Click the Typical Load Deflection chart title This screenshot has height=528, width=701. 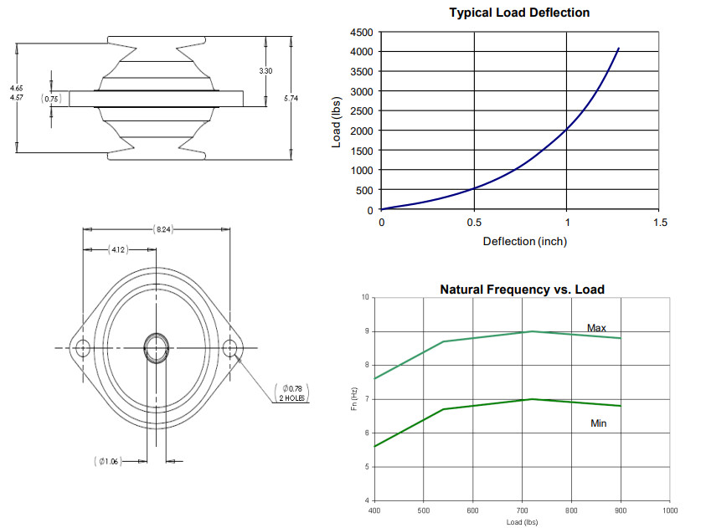[x=519, y=13]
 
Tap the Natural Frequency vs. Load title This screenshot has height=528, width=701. [x=522, y=290]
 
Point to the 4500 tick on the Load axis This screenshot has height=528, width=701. [x=361, y=33]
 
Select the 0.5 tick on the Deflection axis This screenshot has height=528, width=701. [x=474, y=223]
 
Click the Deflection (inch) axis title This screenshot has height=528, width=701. [x=525, y=242]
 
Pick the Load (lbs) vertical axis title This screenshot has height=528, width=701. [x=336, y=122]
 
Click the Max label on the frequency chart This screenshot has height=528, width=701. [x=596, y=328]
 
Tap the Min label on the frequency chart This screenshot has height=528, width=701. [x=599, y=423]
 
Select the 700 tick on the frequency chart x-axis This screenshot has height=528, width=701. [x=522, y=510]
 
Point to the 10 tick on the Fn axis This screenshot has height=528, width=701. [x=365, y=297]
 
